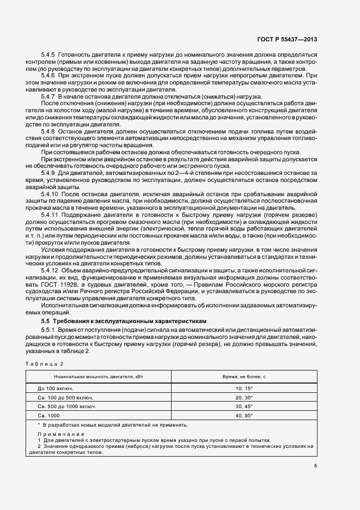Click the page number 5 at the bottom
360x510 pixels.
click(x=315, y=465)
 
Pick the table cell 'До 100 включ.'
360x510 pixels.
click(x=56, y=389)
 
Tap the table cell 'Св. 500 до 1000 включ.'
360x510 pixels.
click(x=66, y=406)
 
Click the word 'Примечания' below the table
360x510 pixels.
click(x=53, y=435)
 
